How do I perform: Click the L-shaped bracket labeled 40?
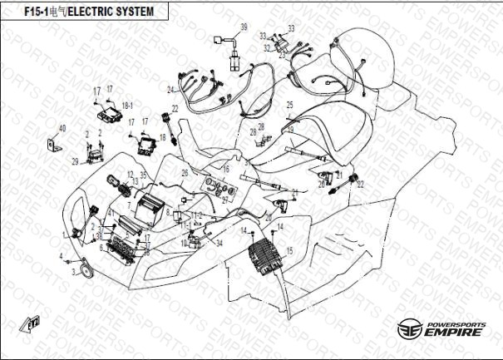coord(54,146)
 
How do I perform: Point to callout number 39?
coord(244,27)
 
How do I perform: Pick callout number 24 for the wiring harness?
coord(170,89)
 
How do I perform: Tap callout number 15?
coord(289,249)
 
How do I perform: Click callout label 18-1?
coord(127,106)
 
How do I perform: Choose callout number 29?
coord(74,161)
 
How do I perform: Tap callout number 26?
coord(185,173)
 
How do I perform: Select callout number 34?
coord(219,243)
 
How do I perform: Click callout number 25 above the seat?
coord(290,104)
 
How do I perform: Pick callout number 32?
coord(268,47)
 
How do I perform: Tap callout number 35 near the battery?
coord(143,175)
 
